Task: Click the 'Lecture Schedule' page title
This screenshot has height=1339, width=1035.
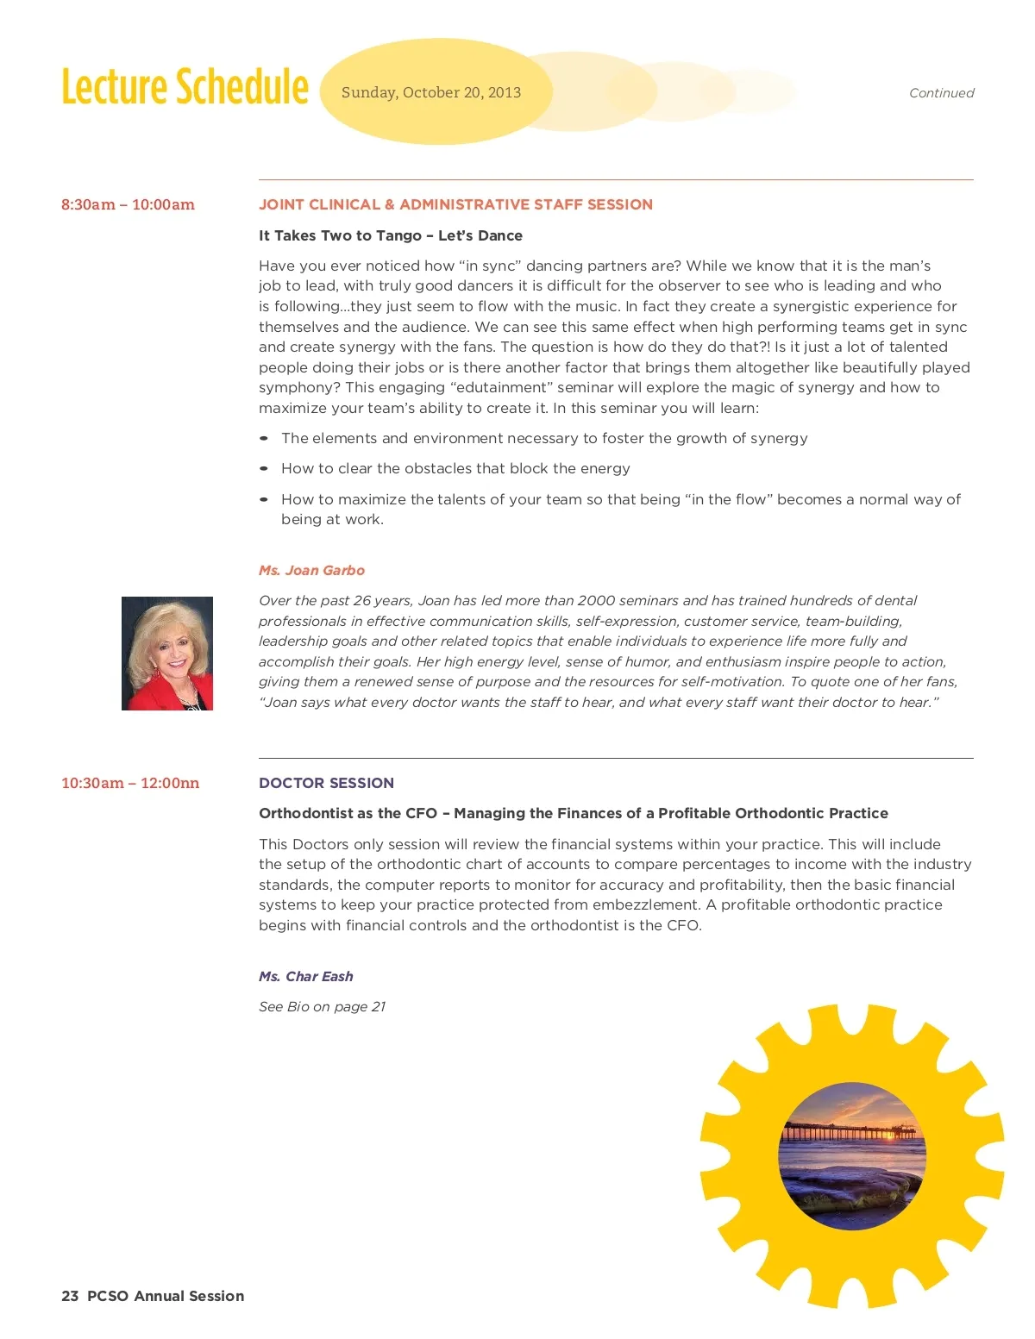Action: tap(185, 87)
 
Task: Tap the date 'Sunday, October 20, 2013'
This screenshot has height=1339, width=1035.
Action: tap(431, 92)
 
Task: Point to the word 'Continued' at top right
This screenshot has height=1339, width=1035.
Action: tap(941, 93)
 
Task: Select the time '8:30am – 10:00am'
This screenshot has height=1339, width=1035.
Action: tap(128, 204)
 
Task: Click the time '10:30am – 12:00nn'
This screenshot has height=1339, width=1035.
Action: tap(130, 783)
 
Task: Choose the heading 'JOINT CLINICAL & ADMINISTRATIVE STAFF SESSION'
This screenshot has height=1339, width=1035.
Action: tap(455, 204)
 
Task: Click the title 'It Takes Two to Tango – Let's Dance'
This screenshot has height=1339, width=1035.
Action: tap(391, 235)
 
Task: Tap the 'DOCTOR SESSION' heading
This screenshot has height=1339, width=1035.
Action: tap(326, 783)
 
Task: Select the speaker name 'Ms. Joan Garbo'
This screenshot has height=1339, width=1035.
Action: tap(311, 570)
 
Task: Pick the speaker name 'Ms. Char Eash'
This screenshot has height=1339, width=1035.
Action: tap(306, 976)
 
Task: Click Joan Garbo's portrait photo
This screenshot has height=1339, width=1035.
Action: tap(167, 654)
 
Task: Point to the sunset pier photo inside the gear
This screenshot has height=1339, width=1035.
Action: tap(852, 1155)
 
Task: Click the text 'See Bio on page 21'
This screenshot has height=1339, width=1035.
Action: tap(322, 1006)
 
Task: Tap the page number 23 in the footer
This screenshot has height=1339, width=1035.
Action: tap(70, 1296)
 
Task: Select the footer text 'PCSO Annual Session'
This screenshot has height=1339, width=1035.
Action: tap(166, 1296)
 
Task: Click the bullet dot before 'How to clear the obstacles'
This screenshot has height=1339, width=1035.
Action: tap(264, 468)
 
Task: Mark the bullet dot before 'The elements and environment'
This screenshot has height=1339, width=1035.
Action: tap(264, 438)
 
